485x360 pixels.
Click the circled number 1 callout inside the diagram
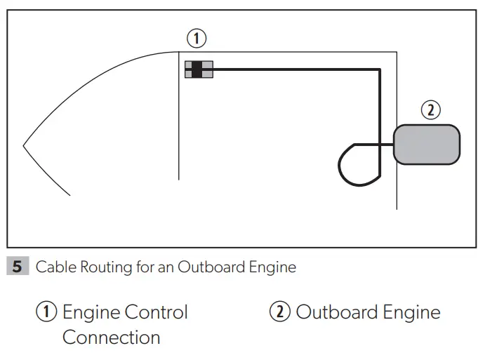(x=199, y=37)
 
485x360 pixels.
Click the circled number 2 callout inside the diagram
(x=430, y=109)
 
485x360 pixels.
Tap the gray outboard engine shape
(x=427, y=145)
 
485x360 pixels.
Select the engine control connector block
(x=199, y=69)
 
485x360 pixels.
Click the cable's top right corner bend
(x=379, y=69)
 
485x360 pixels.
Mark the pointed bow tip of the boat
(x=25, y=146)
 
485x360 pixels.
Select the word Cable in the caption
(x=53, y=267)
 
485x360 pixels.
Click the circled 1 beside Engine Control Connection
(x=46, y=312)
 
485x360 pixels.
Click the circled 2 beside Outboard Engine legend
(x=280, y=312)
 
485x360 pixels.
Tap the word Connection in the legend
(x=111, y=338)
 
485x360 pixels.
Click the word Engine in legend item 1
(x=90, y=313)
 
